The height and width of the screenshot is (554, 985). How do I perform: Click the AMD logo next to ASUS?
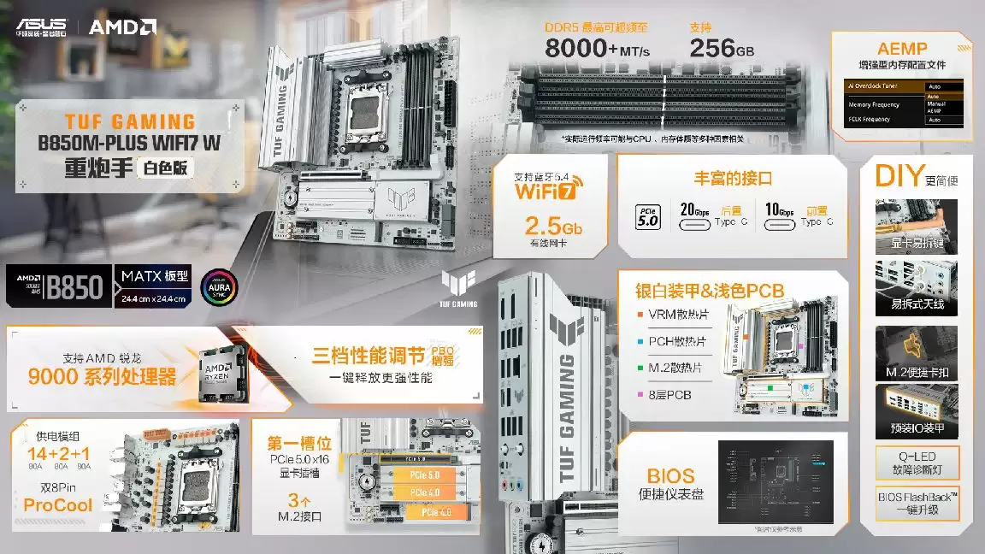click(121, 27)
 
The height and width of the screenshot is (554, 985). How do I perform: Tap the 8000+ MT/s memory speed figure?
click(597, 49)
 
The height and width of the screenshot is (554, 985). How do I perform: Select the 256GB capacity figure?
click(722, 49)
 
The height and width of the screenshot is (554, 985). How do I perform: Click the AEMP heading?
click(902, 50)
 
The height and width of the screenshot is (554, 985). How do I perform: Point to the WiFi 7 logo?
click(546, 188)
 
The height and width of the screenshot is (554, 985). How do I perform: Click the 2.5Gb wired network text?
click(553, 227)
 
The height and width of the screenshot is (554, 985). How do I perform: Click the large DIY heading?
click(897, 175)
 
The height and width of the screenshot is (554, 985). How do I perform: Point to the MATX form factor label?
click(154, 276)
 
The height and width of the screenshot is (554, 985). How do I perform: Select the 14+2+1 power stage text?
click(57, 453)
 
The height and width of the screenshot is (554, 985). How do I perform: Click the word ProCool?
click(57, 505)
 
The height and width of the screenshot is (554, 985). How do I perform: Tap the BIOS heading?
click(670, 475)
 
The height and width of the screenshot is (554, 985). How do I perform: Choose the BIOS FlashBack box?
click(917, 502)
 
